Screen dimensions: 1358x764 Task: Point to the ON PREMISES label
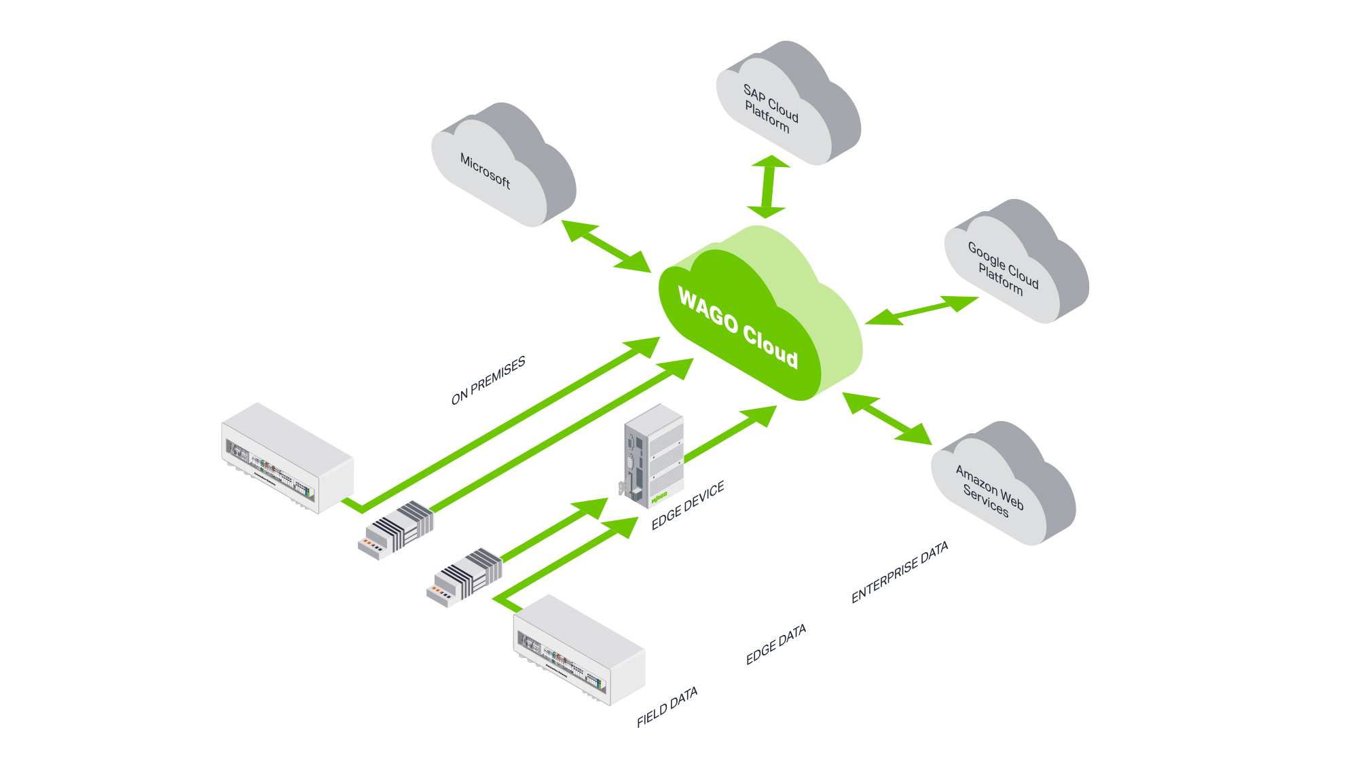point(488,381)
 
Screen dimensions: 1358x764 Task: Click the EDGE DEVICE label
point(688,505)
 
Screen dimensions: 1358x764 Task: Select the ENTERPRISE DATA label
point(900,572)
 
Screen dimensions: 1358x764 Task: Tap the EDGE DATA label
point(776,644)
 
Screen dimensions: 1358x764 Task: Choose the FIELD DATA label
point(667,708)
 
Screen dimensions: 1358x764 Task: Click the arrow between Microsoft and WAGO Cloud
point(606,246)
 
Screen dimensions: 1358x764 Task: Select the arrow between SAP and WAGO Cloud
point(769,187)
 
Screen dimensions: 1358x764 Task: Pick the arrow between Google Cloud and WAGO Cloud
point(921,310)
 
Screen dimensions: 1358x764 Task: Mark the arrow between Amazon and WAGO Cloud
point(887,418)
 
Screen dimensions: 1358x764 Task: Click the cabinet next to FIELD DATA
point(579,650)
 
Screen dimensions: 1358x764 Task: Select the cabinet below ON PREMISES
point(287,458)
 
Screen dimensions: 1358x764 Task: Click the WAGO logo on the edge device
point(659,498)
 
